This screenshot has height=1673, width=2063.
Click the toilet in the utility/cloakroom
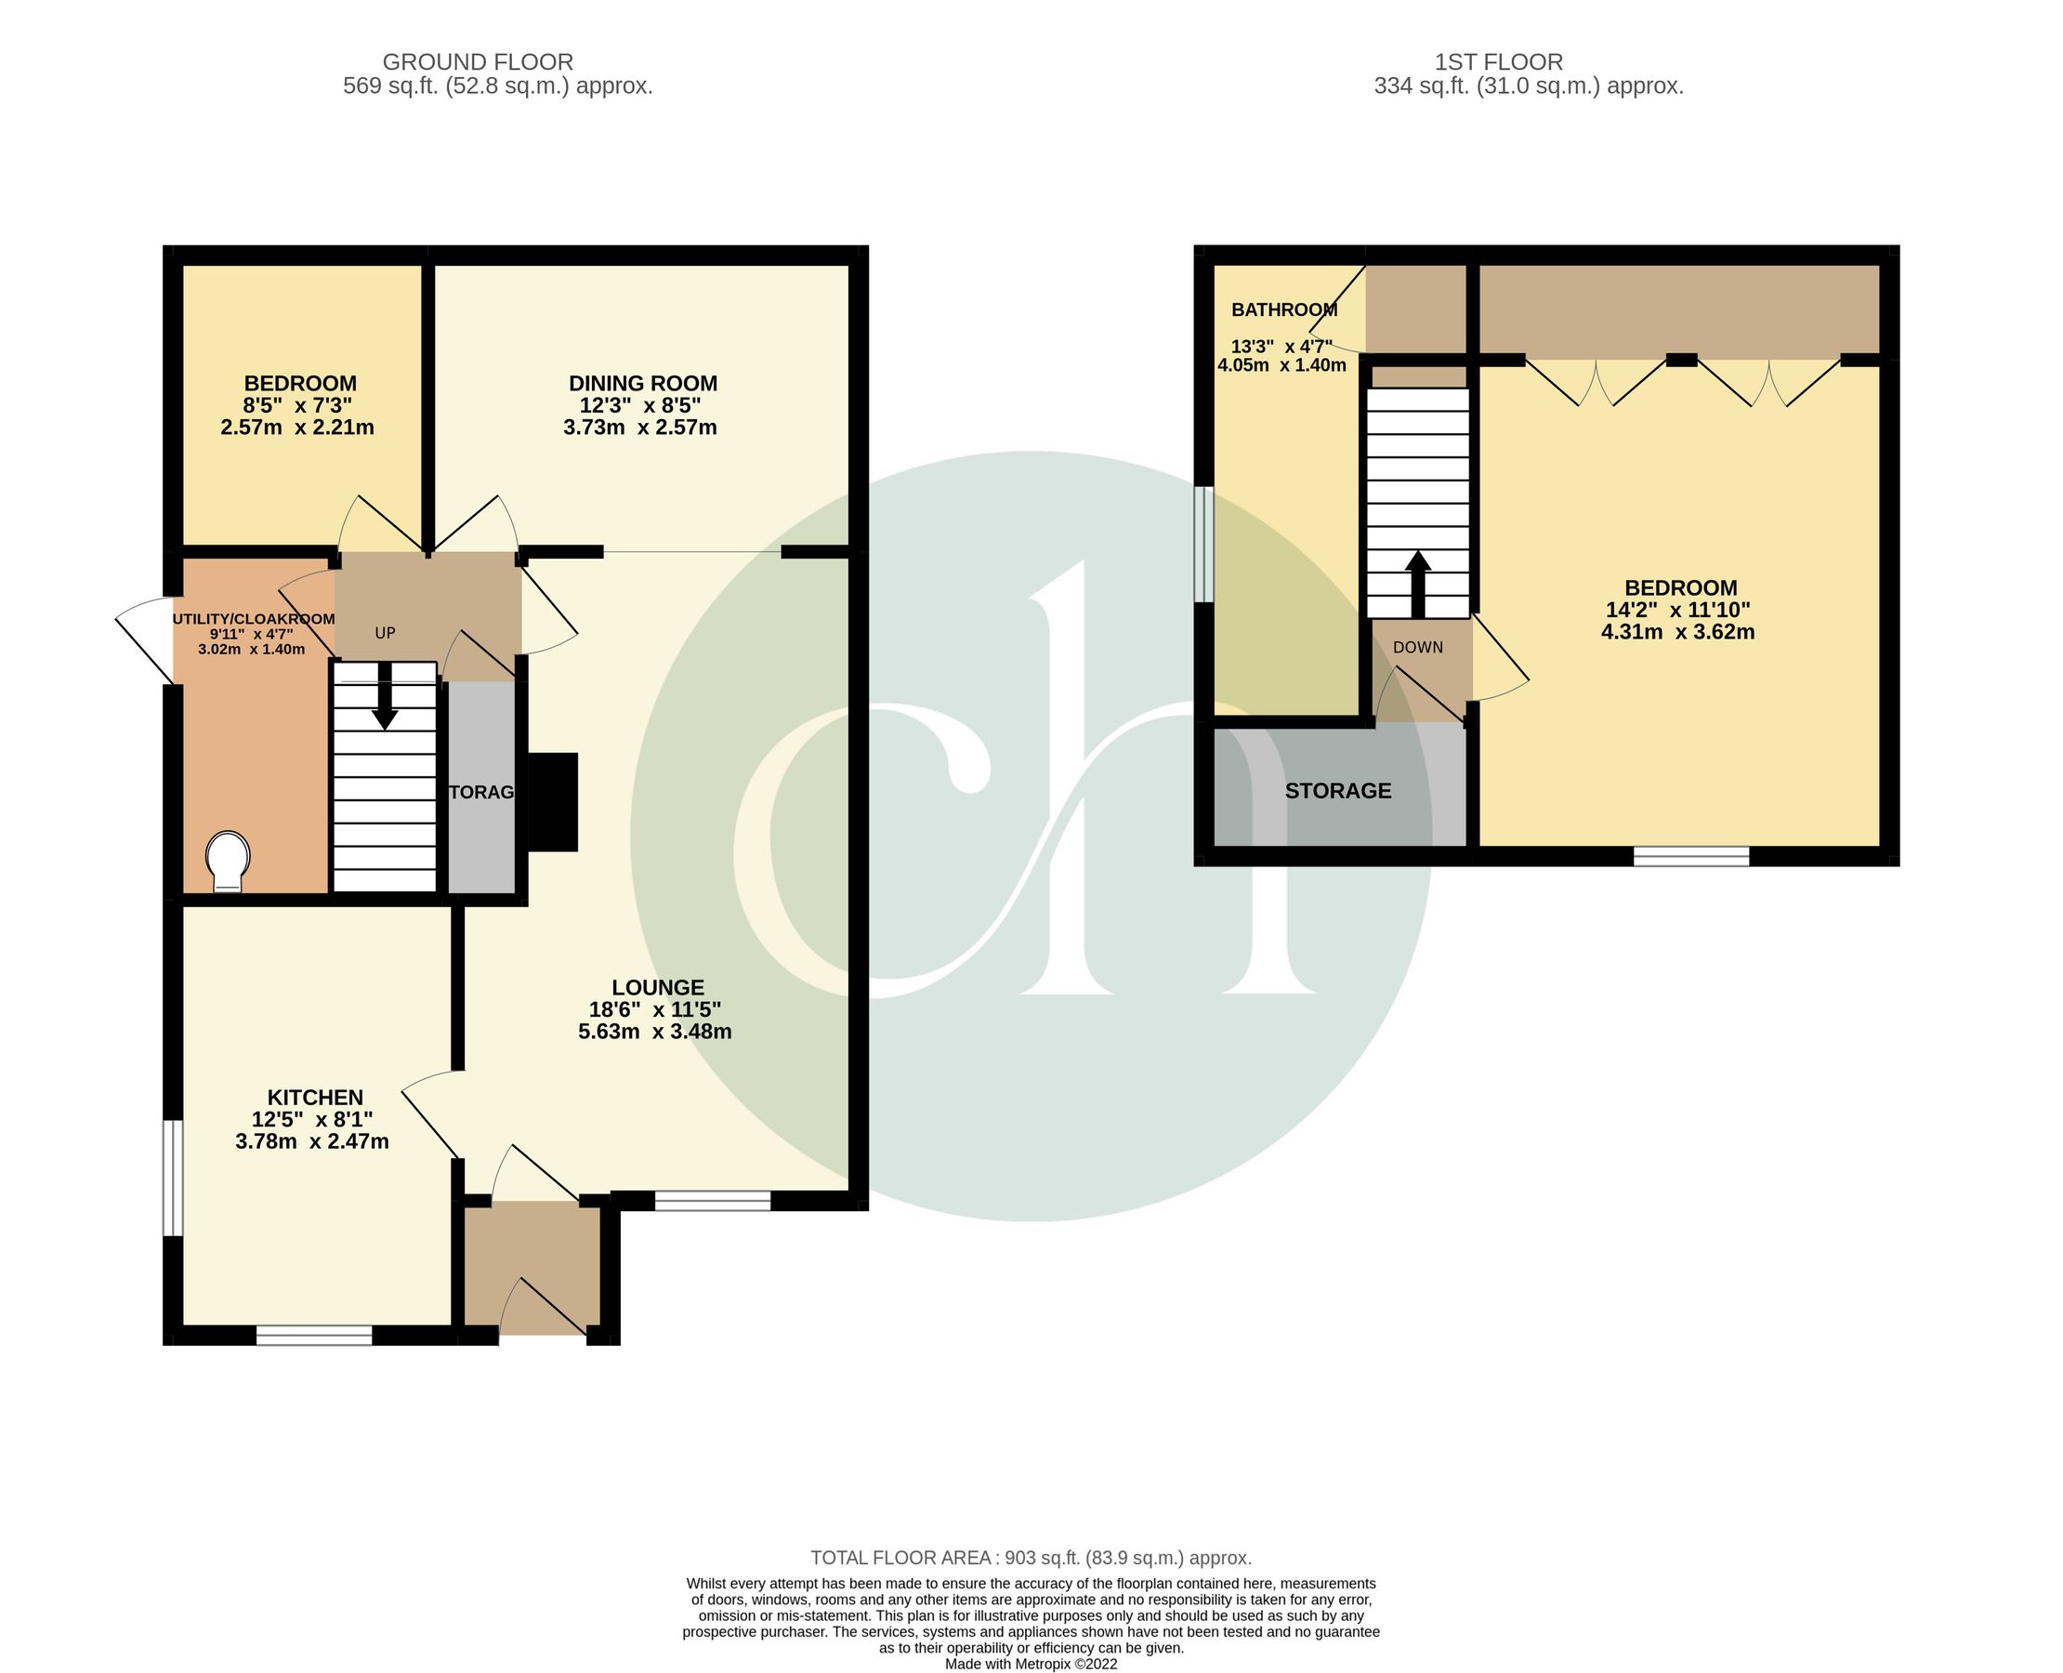(229, 861)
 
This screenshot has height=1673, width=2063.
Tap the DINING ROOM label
(643, 384)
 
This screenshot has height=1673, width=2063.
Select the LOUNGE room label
(658, 987)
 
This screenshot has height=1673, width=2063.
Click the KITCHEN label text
(315, 1097)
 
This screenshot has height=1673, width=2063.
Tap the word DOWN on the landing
(1417, 648)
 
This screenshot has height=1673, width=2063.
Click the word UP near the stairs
(385, 633)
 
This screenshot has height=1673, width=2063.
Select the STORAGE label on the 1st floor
(1338, 790)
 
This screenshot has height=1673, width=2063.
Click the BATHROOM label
(1284, 310)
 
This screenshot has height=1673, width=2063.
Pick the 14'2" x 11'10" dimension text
(1677, 610)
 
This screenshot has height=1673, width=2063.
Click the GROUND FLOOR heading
(478, 61)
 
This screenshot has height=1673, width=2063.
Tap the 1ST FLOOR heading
(1498, 61)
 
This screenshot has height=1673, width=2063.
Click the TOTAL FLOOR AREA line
(1030, 1558)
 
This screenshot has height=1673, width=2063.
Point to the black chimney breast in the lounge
(553, 802)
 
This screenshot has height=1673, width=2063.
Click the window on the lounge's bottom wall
(713, 1200)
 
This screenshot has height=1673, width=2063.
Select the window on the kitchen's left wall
(173, 1177)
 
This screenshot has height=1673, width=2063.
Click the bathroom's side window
(1203, 544)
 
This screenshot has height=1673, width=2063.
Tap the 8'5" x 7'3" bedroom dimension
(297, 406)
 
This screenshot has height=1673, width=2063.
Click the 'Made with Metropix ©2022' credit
(1030, 1664)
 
